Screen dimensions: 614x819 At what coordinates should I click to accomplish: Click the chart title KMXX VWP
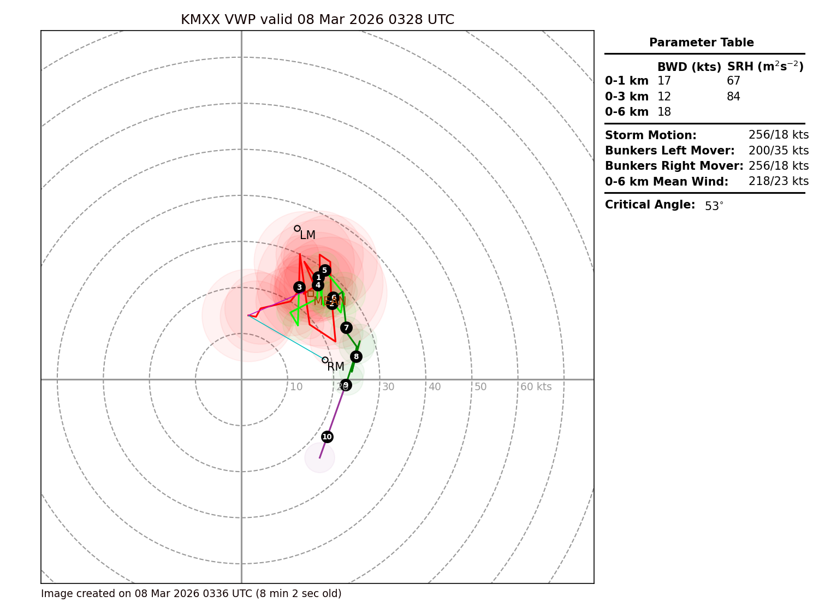317,20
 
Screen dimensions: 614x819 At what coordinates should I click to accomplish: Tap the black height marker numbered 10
327,437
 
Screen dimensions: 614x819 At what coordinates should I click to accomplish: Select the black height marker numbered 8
356,356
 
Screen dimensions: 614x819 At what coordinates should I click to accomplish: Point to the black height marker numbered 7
346,327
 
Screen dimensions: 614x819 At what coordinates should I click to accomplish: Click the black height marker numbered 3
299,287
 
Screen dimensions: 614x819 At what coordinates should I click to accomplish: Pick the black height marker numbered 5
325,270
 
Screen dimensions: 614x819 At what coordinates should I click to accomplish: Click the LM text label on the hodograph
307,235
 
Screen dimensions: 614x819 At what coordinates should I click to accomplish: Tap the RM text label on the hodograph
336,367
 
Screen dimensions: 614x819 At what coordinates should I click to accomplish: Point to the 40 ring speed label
435,387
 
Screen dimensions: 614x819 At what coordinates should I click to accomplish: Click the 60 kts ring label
536,387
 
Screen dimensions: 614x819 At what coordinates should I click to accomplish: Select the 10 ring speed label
296,387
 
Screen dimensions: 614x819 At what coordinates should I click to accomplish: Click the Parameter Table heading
701,43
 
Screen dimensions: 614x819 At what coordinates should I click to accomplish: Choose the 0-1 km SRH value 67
733,81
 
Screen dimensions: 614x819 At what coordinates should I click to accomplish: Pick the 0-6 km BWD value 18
664,112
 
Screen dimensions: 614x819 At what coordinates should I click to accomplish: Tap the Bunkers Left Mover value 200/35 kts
779,151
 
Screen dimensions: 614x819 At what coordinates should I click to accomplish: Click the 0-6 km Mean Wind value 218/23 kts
779,181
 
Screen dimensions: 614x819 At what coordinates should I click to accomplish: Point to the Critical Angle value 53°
714,206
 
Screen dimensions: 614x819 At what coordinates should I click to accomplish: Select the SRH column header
765,67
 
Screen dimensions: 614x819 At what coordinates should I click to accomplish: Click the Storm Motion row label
650,135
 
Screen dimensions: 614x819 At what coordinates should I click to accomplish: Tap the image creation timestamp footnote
191,594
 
